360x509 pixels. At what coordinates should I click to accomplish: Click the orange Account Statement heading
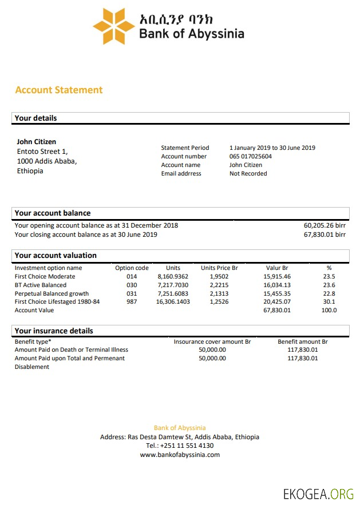[x=59, y=90]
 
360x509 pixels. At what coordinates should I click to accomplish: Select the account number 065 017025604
[x=251, y=156]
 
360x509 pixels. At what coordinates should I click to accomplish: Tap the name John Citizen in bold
[x=37, y=141]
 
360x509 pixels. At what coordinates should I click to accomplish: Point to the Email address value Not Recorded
[x=248, y=173]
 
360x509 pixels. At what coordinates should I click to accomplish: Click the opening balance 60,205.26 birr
[x=324, y=225]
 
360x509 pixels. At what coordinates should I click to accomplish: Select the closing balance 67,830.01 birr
[x=324, y=234]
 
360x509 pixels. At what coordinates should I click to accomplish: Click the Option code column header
[x=132, y=268]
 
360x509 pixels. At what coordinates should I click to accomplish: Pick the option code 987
[x=132, y=301]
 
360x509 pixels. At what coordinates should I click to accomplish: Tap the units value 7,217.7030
[x=172, y=285]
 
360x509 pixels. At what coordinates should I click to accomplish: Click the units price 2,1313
[x=219, y=293]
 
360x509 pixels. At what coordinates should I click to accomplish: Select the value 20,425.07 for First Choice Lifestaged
[x=277, y=301]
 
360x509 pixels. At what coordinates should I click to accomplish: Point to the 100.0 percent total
[x=329, y=310]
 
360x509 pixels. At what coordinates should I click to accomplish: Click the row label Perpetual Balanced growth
[x=52, y=293]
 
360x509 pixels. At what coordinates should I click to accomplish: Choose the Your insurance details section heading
[x=54, y=331]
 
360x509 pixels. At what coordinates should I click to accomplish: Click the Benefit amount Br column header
[x=302, y=341]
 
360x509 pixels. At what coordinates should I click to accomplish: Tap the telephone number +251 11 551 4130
[x=180, y=446]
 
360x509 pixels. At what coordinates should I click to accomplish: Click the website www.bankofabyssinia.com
[x=180, y=455]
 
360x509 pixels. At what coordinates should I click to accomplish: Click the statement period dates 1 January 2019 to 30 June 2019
[x=272, y=148]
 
